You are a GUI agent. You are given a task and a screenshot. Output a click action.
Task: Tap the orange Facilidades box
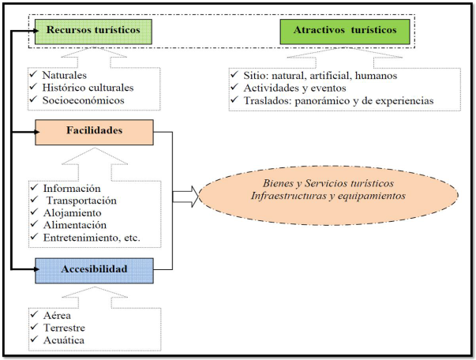click(94, 132)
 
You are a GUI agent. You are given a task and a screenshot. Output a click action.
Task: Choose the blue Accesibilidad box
click(94, 270)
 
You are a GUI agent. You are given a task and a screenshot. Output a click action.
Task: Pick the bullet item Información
click(72, 189)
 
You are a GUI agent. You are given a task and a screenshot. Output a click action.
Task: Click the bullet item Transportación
click(79, 201)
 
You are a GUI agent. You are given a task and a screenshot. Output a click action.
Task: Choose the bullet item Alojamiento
click(72, 214)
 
